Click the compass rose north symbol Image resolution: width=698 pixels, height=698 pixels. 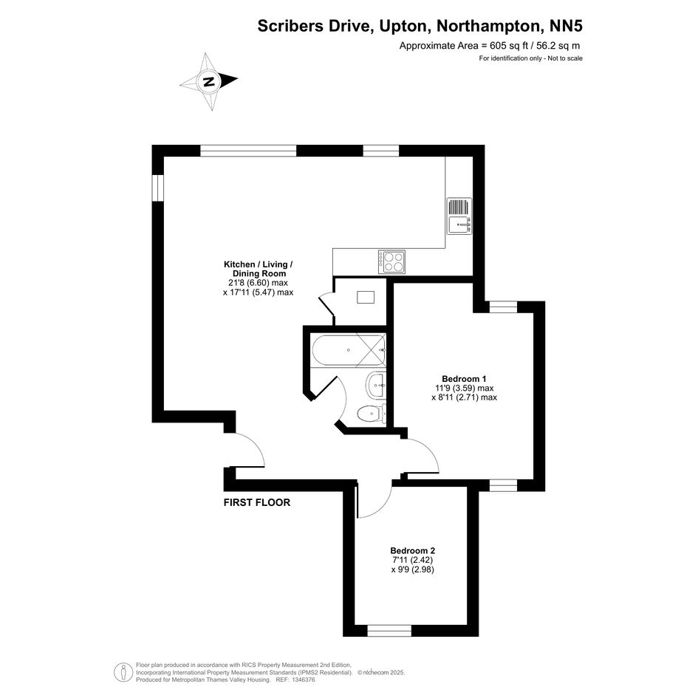(209, 81)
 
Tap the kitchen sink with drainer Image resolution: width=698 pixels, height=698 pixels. (459, 216)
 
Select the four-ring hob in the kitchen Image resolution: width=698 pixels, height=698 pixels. (391, 261)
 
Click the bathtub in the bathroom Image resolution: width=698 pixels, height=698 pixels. (349, 350)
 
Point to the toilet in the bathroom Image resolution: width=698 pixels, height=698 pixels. (372, 414)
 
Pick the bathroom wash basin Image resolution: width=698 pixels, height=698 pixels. (376, 385)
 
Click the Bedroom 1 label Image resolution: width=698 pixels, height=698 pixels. (464, 379)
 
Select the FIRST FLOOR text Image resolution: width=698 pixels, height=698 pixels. (257, 502)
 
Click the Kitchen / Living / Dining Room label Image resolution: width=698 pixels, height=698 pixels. (259, 269)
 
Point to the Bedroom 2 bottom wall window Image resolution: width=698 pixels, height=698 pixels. (389, 631)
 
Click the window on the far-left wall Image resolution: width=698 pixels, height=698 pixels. (157, 188)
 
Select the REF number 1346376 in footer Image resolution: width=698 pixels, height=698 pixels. (302, 680)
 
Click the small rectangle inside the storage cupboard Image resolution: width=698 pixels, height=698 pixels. (366, 297)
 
